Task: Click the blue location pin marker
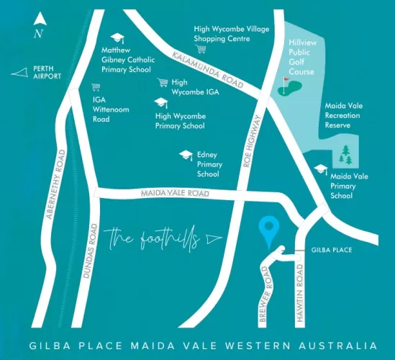[x=271, y=229]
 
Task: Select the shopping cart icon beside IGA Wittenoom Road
[x=95, y=86]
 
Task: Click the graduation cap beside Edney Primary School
[x=186, y=155]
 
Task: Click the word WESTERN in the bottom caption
[x=247, y=346]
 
